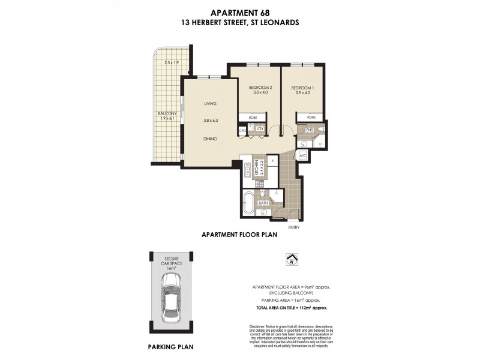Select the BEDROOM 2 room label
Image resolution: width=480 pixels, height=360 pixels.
[x=260, y=88]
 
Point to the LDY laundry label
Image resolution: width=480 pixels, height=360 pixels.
[x=260, y=128]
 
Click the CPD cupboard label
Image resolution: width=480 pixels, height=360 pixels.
[x=243, y=129]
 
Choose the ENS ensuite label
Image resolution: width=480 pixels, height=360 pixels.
[x=310, y=130]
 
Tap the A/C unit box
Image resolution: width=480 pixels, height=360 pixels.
[x=303, y=155]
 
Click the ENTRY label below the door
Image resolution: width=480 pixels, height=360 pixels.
[x=293, y=227]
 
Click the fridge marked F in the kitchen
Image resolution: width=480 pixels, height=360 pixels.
[x=272, y=160]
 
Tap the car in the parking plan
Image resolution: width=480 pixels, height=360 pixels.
[x=170, y=301]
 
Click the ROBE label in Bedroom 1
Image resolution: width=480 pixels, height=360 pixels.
[x=311, y=117]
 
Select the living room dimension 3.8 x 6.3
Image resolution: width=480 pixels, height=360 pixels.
[x=211, y=121]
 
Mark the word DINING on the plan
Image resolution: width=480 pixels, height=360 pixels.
[x=210, y=139]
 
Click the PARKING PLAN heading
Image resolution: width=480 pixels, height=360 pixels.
[x=170, y=347]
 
